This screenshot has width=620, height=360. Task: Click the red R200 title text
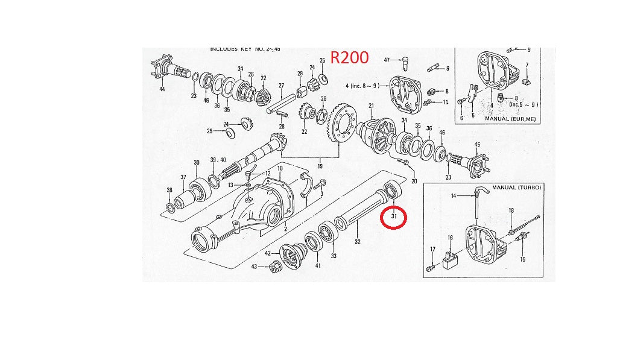tap(350, 58)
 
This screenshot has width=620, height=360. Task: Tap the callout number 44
tap(162, 89)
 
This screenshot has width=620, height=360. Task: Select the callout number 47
tap(388, 60)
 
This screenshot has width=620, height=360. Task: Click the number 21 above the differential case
tap(372, 107)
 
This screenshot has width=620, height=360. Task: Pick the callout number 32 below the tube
tap(358, 242)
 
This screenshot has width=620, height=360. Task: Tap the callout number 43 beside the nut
tap(255, 267)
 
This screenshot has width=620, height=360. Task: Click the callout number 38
tap(169, 190)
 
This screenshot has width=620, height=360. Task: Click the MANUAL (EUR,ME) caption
tap(510, 119)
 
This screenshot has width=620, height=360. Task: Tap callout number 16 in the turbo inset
tap(450, 238)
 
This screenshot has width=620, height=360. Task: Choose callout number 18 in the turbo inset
tap(511, 210)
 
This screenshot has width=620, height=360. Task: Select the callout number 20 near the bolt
tap(414, 181)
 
